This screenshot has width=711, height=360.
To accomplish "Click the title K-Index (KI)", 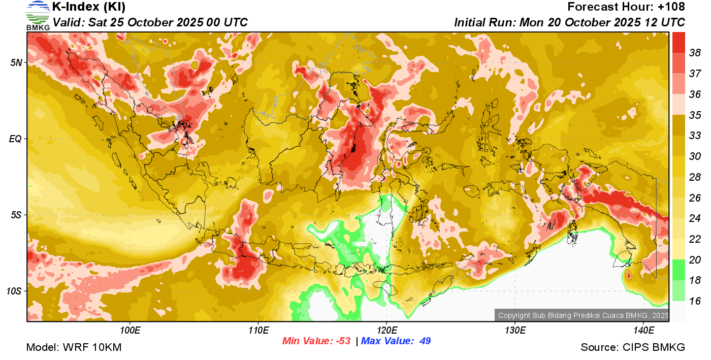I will click(x=89, y=7).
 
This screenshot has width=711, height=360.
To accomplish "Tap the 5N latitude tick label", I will click(x=16, y=62).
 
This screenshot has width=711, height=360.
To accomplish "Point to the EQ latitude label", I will click(x=15, y=139).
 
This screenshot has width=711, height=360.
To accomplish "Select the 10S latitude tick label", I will click(x=14, y=291).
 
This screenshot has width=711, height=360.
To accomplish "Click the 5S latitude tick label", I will click(x=16, y=215).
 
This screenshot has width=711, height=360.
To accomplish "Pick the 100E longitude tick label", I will click(x=131, y=331).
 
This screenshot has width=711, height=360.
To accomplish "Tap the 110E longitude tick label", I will click(x=258, y=331).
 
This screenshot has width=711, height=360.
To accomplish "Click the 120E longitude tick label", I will click(x=386, y=331).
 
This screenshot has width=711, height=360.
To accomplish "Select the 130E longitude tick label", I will click(x=515, y=331).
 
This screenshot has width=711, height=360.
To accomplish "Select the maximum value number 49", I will click(x=425, y=341).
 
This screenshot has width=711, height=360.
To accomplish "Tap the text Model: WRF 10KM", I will click(x=74, y=347).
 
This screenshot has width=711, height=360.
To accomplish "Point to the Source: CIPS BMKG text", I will click(x=633, y=347).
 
